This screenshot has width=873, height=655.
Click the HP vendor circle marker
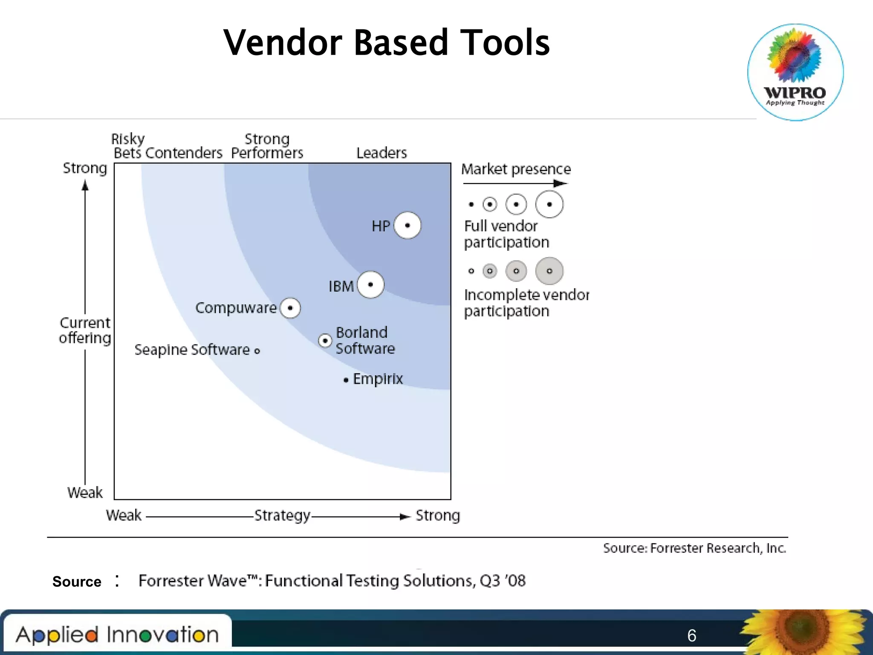coord(407,225)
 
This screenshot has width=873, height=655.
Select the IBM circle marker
coord(370,284)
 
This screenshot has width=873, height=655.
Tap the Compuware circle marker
coord(290,308)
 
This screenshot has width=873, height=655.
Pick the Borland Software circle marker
coord(325,341)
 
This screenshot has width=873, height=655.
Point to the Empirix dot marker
coord(346,380)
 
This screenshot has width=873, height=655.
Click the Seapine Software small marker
coord(257,351)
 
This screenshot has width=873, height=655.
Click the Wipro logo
coord(795,72)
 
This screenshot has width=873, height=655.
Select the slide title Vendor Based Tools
coord(387,43)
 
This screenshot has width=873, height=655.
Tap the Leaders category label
coord(382,153)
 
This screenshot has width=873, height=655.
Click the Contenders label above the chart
coord(184,153)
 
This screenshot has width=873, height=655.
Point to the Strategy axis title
coord(282,516)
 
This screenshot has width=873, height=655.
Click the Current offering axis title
coord(85,330)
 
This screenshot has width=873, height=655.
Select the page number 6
coord(691,635)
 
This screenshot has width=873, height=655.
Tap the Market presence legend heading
coord(516,169)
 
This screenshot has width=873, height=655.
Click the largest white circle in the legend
coord(549,204)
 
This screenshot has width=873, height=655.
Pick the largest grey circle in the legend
coord(549,271)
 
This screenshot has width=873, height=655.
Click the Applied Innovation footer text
coord(117,635)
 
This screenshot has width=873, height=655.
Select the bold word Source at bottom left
coord(77,582)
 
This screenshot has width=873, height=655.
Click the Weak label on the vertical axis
coord(85,493)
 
